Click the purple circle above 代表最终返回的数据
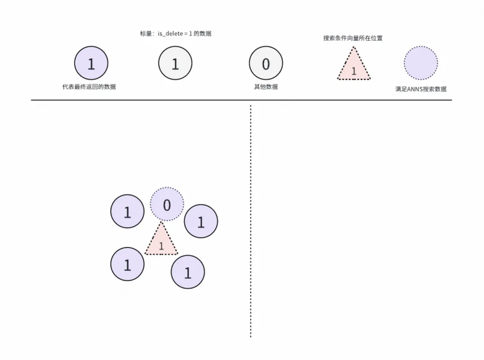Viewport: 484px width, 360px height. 91,63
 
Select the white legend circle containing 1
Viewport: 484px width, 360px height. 175,63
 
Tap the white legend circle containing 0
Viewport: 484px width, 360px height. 266,63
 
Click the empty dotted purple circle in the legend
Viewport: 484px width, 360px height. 421,63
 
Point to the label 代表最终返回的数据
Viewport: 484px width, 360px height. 89,87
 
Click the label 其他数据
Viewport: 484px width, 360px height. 266,87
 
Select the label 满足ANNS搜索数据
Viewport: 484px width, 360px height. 421,89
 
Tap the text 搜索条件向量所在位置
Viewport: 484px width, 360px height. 353,38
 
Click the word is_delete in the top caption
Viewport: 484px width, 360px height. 170,34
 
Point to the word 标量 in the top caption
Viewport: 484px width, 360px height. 146,34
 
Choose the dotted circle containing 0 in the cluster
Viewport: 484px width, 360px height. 167,204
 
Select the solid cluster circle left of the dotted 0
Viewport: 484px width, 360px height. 128,211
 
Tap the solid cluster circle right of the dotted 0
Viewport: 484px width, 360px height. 201,221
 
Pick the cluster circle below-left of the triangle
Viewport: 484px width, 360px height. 128,264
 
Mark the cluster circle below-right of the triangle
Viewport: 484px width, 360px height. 188,272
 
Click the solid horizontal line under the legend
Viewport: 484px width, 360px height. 241,100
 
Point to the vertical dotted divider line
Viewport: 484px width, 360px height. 250,221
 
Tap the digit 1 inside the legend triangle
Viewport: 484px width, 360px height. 354,71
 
